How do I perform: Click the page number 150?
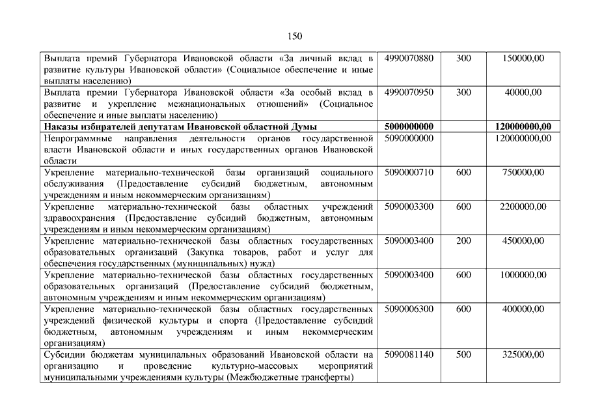[294, 36]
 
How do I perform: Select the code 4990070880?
[409, 59]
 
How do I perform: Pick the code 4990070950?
[409, 93]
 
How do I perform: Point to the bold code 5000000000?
[409, 126]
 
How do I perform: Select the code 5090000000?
[409, 138]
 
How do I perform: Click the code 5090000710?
[409, 173]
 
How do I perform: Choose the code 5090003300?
[409, 207]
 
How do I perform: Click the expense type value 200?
[463, 240]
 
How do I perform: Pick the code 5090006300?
[409, 309]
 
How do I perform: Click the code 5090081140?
[409, 354]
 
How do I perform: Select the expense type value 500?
[463, 354]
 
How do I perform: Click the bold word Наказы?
[60, 126]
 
